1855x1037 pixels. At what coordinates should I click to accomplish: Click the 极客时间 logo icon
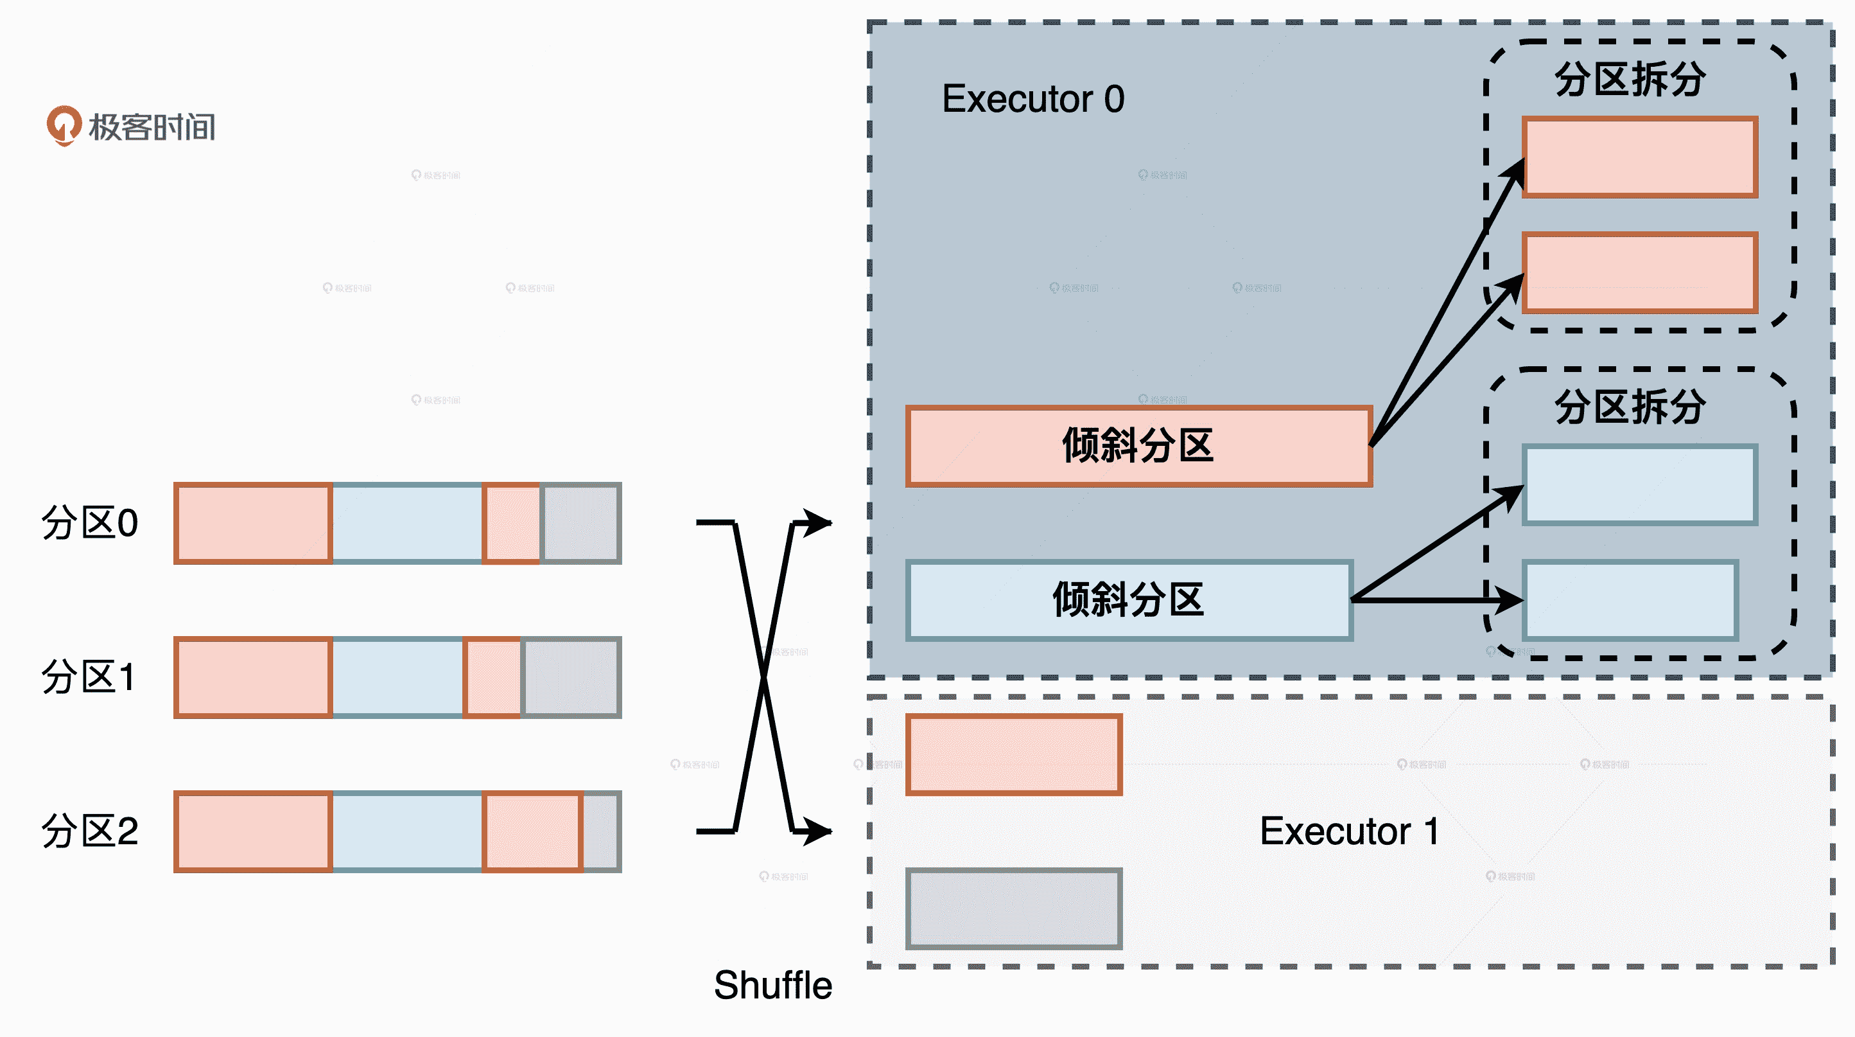coord(64,125)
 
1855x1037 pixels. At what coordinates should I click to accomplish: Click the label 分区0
coord(89,522)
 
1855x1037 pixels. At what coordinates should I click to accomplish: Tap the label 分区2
coord(89,831)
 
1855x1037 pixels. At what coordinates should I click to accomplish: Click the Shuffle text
coord(772,985)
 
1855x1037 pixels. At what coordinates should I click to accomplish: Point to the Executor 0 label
coord(1032,99)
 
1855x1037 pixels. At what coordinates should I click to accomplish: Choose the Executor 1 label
coord(1350,831)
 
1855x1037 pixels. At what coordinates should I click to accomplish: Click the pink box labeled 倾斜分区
coord(1138,446)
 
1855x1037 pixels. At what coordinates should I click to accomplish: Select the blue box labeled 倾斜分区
coord(1128,599)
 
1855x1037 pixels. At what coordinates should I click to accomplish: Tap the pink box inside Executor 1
coord(1013,754)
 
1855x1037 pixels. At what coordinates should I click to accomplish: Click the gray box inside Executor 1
coord(1013,908)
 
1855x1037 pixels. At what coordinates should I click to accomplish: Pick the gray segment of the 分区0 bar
coord(580,522)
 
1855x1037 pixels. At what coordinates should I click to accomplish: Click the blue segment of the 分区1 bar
coord(397,677)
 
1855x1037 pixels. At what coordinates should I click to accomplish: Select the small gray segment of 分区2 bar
coord(600,831)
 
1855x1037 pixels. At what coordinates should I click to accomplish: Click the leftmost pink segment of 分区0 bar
coord(253,522)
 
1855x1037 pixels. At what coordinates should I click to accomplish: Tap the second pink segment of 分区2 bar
coord(532,831)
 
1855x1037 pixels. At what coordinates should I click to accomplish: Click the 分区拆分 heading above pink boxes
coord(1629,79)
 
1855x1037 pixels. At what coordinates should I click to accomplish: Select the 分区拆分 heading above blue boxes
coord(1629,407)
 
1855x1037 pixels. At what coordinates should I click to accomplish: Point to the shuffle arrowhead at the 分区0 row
coord(818,522)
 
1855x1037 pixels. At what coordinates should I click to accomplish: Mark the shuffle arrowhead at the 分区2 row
coord(818,831)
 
